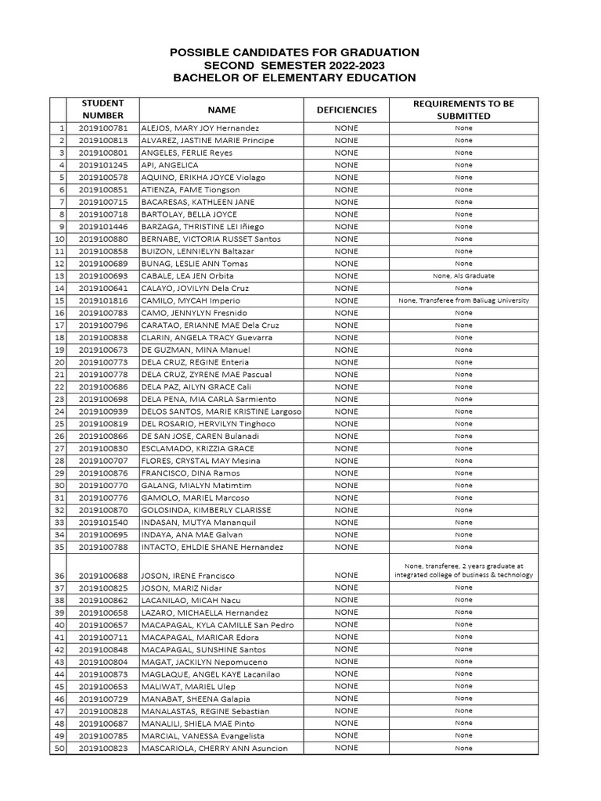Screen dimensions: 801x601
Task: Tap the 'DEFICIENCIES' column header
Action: click(x=346, y=110)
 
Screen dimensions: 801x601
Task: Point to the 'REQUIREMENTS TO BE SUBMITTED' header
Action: click(x=464, y=110)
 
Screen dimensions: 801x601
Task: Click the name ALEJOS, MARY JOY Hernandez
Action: click(x=200, y=128)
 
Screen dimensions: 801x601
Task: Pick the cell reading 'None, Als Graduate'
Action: click(x=464, y=276)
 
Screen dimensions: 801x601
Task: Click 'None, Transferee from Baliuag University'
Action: click(x=464, y=300)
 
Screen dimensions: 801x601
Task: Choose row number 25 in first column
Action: click(x=59, y=424)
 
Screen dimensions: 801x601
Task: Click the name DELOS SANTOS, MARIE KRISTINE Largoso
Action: click(x=221, y=411)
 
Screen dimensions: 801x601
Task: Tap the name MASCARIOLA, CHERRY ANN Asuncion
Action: click(x=214, y=749)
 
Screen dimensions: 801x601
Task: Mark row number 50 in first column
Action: click(x=59, y=749)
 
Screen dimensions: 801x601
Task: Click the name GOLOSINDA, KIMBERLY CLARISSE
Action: click(x=206, y=510)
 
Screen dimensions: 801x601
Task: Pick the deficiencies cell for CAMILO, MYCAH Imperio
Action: click(x=346, y=300)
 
